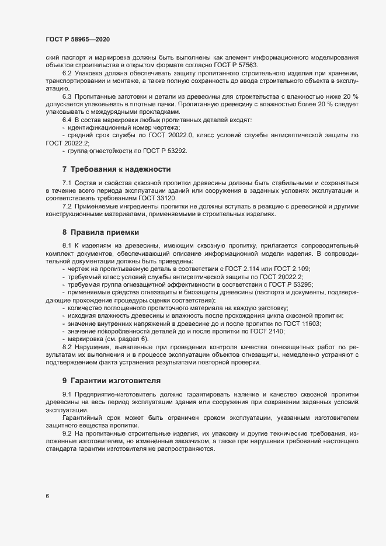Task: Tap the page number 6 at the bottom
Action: [47, 496]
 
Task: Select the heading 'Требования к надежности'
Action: [116, 169]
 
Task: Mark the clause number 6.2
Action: [67, 73]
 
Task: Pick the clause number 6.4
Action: [67, 119]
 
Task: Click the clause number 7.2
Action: [67, 207]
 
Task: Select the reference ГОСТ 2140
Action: [268, 331]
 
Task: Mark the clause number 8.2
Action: [67, 347]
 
